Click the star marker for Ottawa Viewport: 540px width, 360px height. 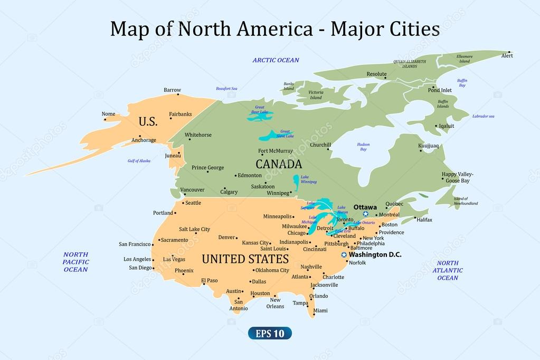[x=366, y=214]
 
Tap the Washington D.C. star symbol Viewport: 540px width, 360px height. [x=344, y=255]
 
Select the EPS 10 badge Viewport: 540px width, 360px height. [x=270, y=333]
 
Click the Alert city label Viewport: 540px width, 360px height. [x=507, y=55]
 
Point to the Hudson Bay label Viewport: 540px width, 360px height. [x=363, y=147]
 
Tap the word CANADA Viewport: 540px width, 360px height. [x=279, y=164]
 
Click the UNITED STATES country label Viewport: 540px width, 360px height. [x=245, y=259]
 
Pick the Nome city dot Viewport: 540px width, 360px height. [x=105, y=119]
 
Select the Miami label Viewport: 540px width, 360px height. [x=320, y=310]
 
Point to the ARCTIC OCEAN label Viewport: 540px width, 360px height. [x=276, y=60]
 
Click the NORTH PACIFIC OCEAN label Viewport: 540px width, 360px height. [x=75, y=262]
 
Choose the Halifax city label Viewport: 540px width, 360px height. [x=424, y=220]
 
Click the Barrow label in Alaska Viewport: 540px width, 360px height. [x=172, y=90]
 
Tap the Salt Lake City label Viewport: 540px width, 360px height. [x=194, y=229]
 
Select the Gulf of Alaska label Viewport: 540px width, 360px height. [x=139, y=160]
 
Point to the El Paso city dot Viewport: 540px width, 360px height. [x=204, y=285]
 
